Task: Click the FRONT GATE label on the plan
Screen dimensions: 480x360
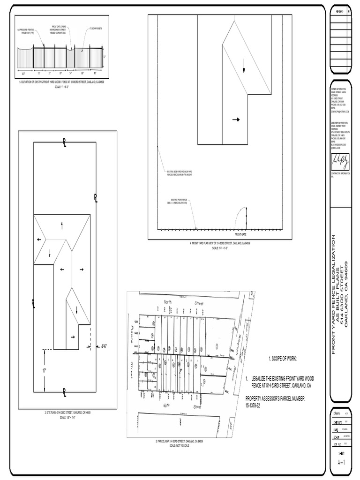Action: [x=240, y=233]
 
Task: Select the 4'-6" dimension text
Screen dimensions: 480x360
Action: [x=104, y=347]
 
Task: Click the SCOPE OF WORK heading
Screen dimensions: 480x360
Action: [x=282, y=359]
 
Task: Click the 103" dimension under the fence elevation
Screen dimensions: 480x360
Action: [x=23, y=74]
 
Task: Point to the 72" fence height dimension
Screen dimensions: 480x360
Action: [x=105, y=57]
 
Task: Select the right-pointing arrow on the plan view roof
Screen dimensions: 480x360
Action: [x=236, y=120]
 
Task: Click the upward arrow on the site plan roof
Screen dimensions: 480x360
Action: [x=62, y=226]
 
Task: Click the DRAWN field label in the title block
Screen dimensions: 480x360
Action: [x=336, y=414]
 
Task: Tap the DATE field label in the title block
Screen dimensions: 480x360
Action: [x=336, y=429]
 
